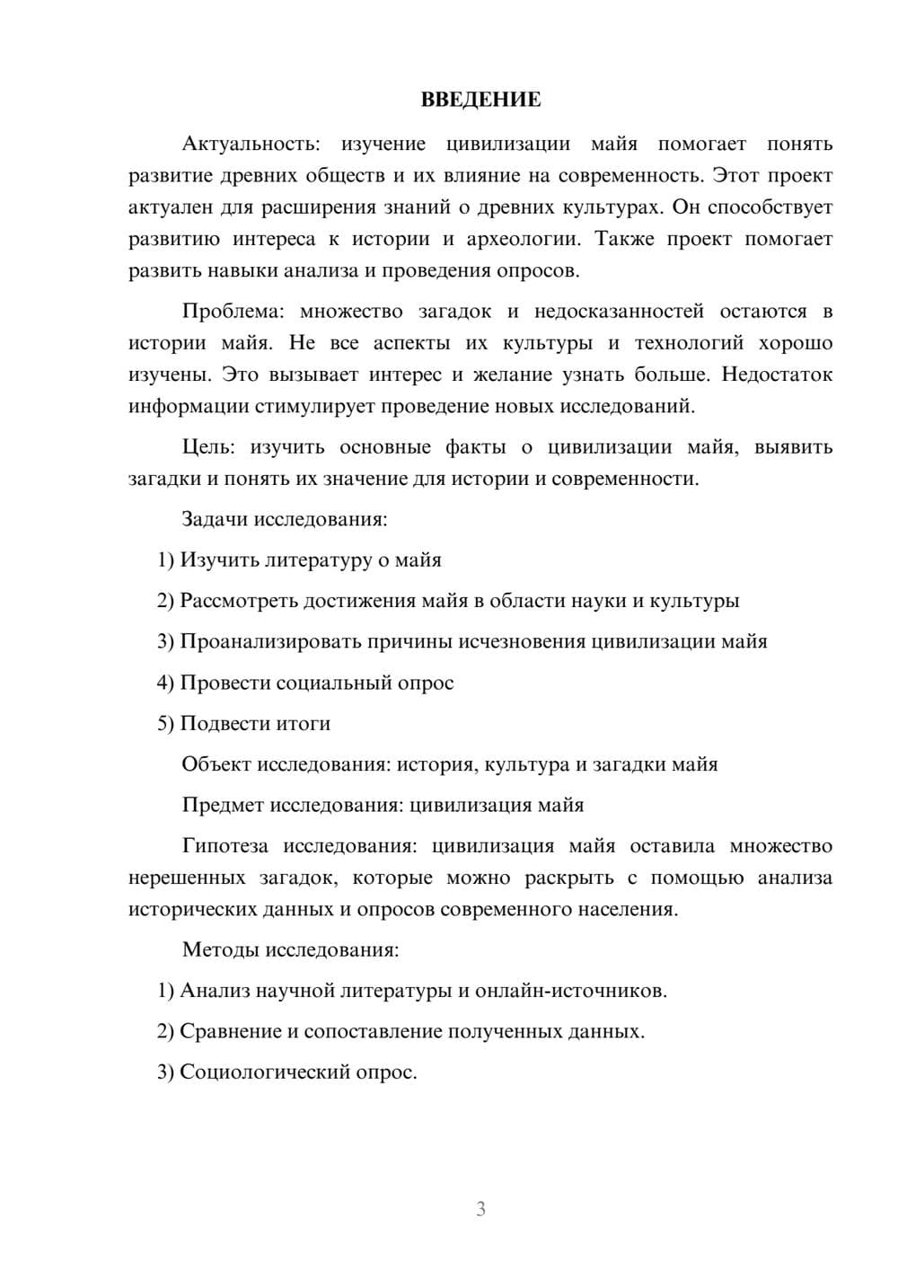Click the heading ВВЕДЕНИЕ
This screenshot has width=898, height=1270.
[480, 100]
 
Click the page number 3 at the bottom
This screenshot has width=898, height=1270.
[480, 1209]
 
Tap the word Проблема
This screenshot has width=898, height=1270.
[233, 312]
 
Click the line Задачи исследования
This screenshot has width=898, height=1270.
[284, 519]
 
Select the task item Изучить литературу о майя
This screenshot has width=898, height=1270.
[310, 560]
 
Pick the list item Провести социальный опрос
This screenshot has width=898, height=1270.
[316, 683]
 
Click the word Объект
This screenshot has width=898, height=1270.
[216, 764]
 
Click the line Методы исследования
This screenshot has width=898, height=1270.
[290, 949]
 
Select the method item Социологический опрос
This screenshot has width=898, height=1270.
[297, 1072]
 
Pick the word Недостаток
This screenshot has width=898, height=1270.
[777, 375]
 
